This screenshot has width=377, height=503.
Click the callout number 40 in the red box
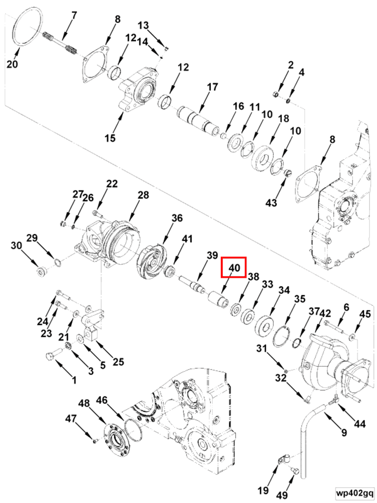[x=234, y=268]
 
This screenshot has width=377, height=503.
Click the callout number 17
[x=212, y=87]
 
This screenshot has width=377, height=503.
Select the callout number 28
[x=143, y=195]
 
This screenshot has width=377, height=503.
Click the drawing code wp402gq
[x=354, y=493]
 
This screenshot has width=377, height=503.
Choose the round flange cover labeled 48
[x=117, y=437]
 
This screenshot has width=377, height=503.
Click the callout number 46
[x=102, y=400]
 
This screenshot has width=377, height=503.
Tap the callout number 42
[x=325, y=313]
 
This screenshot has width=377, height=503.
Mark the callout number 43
[x=271, y=203]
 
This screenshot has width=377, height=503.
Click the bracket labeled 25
[x=92, y=329]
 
